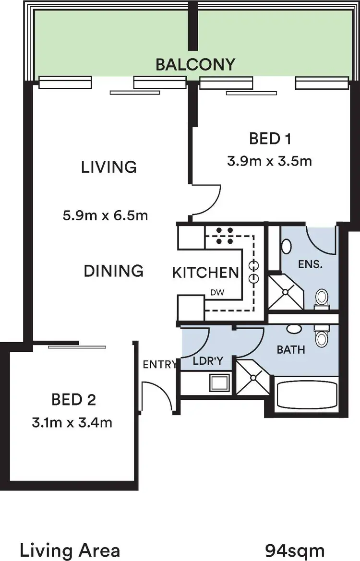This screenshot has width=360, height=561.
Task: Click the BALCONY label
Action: click(x=195, y=64)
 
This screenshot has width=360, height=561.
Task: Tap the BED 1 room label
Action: click(x=271, y=139)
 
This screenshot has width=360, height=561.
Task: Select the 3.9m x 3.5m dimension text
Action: click(x=269, y=161)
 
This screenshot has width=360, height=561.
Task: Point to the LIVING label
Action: click(x=109, y=167)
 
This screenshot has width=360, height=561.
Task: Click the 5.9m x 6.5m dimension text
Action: click(x=105, y=215)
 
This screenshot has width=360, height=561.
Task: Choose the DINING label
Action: click(x=114, y=271)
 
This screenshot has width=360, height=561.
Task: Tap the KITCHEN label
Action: click(x=205, y=273)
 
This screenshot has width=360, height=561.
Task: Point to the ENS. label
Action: click(x=309, y=264)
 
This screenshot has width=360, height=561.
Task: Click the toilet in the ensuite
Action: click(x=321, y=298)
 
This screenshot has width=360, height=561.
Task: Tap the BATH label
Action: click(x=291, y=349)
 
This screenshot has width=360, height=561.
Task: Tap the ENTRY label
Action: click(x=160, y=364)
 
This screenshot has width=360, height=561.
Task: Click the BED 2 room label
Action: click(x=73, y=399)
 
